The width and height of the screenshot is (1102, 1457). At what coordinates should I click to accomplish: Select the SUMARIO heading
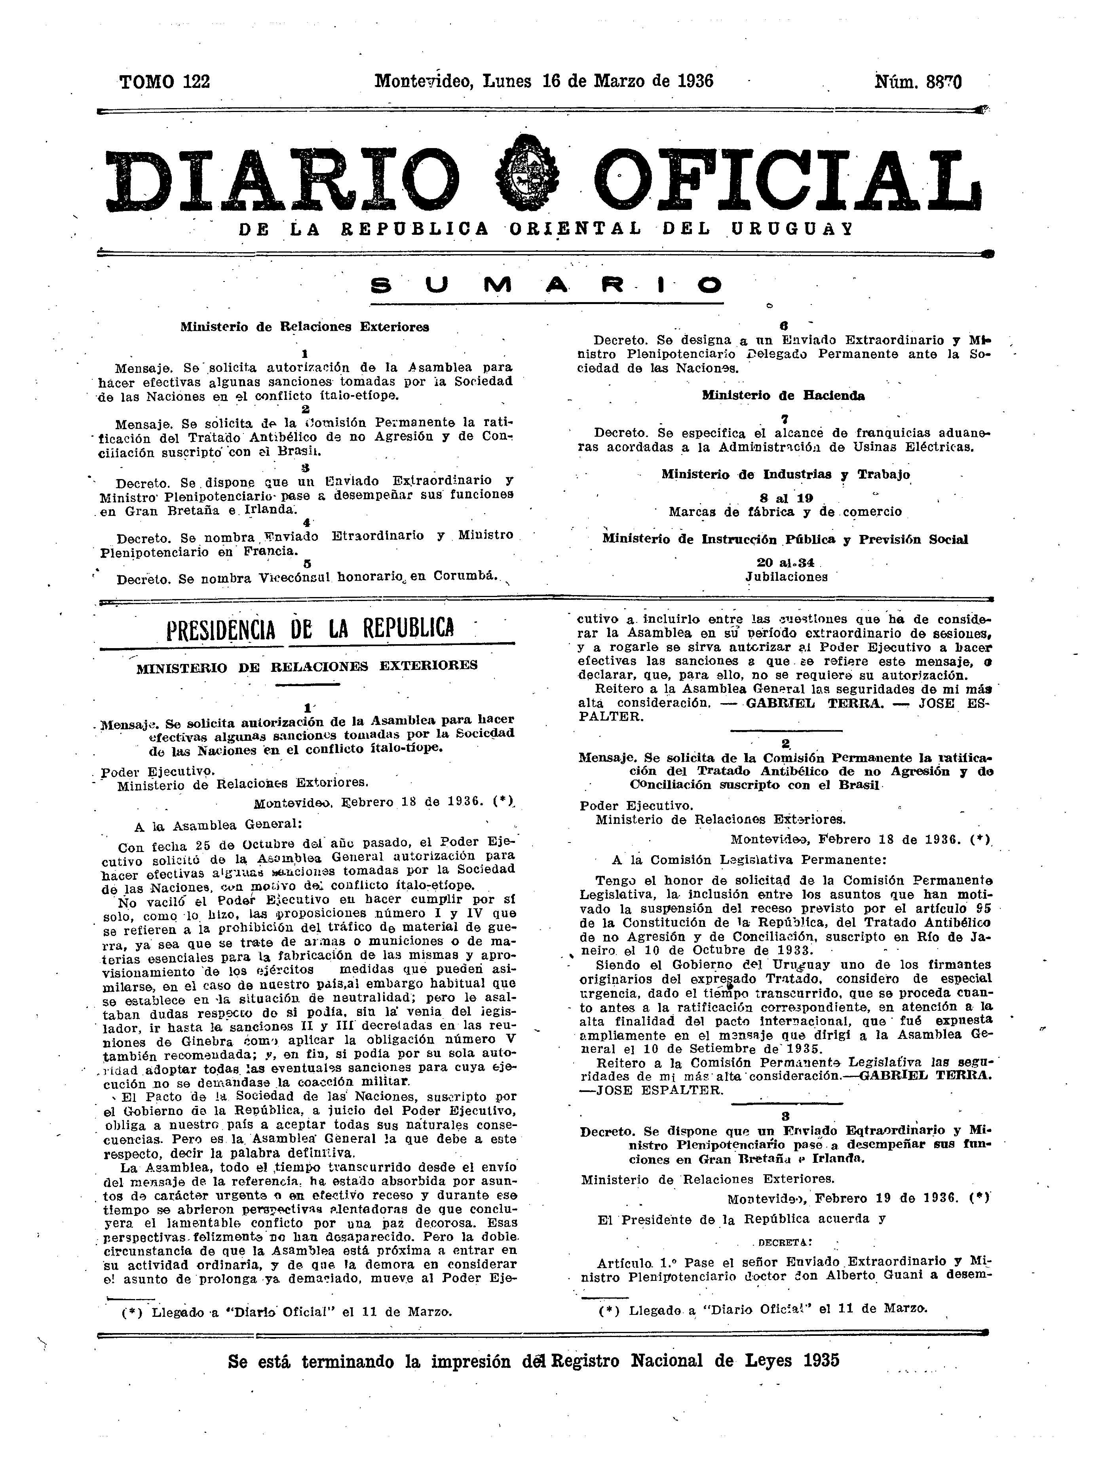tap(546, 285)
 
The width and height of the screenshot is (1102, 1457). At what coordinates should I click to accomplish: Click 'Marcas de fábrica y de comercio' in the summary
tap(785, 512)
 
